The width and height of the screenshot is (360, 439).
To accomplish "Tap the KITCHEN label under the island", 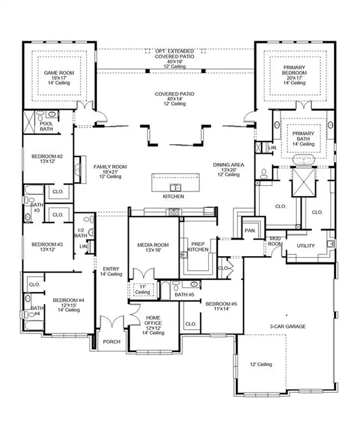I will click(173, 197).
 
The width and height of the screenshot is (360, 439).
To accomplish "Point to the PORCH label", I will click(111, 342).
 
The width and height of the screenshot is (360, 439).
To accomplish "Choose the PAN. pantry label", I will click(248, 230).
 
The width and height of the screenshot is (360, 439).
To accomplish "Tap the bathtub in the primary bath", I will click(305, 162).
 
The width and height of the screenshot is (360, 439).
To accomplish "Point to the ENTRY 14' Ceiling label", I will click(112, 271).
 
